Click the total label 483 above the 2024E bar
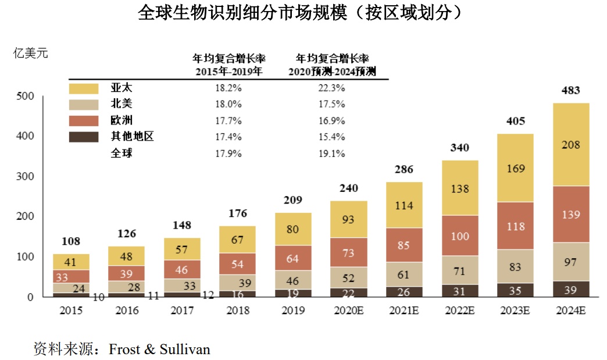tap(570, 91)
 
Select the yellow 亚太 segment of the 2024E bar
tap(570, 144)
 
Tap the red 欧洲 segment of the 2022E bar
tap(460, 236)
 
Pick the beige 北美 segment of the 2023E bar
tap(515, 266)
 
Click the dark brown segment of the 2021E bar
tap(404, 292)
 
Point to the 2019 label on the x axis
tap(293, 310)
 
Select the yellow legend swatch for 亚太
tap(84, 88)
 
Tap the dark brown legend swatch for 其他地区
tap(84, 137)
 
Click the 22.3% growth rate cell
tap(333, 88)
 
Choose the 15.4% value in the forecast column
tap(333, 137)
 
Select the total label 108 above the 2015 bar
tap(71, 241)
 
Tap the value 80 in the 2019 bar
tap(293, 229)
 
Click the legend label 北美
tap(122, 105)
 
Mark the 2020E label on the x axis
tap(348, 310)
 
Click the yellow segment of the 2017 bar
tap(182, 249)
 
